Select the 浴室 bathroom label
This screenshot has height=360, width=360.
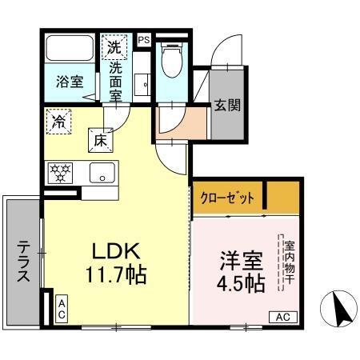pos(69,81)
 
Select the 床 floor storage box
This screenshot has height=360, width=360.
pos(102,140)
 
